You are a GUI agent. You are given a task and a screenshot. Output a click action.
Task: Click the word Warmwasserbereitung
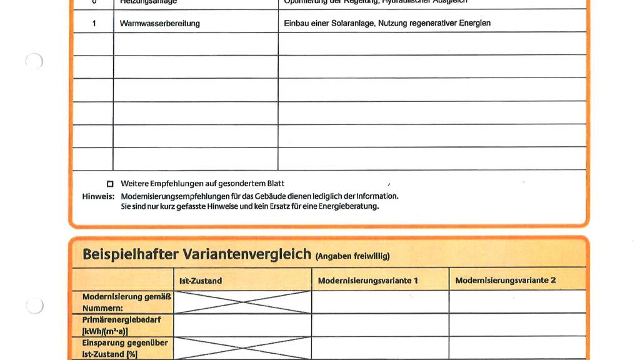(x=160, y=23)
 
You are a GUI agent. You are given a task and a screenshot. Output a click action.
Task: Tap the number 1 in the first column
(x=94, y=23)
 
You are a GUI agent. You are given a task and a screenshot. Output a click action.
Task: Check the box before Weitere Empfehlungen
(x=111, y=184)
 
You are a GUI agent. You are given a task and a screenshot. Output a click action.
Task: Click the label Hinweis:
(x=98, y=196)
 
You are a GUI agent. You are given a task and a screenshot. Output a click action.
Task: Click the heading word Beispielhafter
(x=131, y=254)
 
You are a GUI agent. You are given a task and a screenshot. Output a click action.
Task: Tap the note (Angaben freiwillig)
(x=352, y=256)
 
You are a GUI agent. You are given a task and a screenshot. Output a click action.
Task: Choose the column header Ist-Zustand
(x=201, y=281)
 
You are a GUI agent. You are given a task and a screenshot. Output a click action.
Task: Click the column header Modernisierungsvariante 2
(x=505, y=281)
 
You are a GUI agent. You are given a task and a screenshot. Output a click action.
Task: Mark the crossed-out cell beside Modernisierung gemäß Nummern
(x=242, y=302)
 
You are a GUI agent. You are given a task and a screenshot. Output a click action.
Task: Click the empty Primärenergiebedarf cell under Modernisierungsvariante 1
(x=380, y=325)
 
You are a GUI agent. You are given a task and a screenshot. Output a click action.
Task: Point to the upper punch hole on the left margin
(x=34, y=61)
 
